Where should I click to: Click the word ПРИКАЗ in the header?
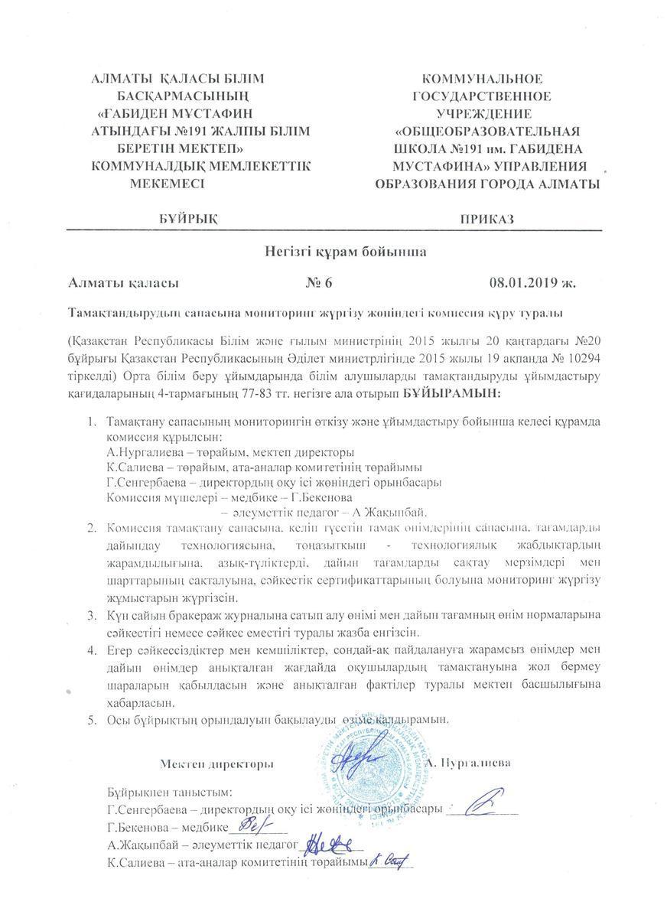coord(486,219)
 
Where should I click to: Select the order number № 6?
coord(319,283)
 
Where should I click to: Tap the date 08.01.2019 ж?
coord(532,283)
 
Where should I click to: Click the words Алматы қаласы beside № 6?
coord(123,283)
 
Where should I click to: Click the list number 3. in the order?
coord(91,616)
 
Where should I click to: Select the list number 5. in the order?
coord(91,720)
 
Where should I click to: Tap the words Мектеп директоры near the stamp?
coord(217,763)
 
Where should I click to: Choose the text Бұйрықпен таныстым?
coord(170,792)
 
